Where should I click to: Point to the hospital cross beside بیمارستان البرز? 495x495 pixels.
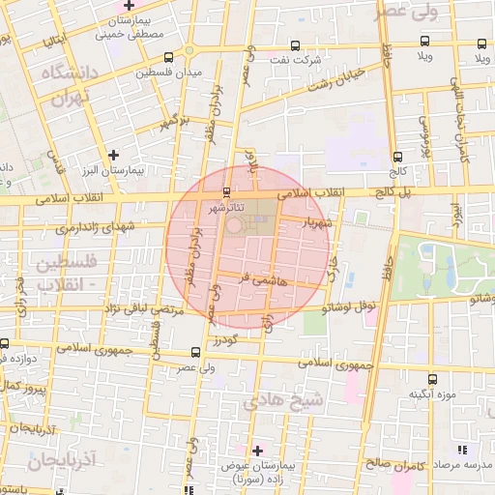(x=115, y=154)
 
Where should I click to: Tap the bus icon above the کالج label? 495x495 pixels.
(x=396, y=156)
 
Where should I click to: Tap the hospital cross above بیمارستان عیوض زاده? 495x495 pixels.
(x=257, y=450)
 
